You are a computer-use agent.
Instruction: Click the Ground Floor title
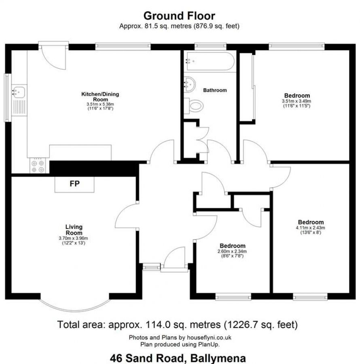pyautogui.click(x=180, y=16)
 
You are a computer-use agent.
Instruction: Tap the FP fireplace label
pyautogui.click(x=75, y=184)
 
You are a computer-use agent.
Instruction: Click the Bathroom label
pyautogui.click(x=215, y=90)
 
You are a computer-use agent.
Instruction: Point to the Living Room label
pyautogui.click(x=74, y=230)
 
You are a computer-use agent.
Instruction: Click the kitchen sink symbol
pyautogui.click(x=18, y=92)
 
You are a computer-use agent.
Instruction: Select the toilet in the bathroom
pyautogui.click(x=195, y=106)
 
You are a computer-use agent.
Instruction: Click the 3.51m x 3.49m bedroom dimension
pyautogui.click(x=296, y=101)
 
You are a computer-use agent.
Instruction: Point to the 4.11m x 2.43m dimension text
pyautogui.click(x=311, y=227)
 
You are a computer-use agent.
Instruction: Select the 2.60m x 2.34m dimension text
pyautogui.click(x=232, y=251)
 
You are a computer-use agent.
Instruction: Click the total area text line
pyautogui.click(x=178, y=324)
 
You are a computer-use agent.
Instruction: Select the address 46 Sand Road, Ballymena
pyautogui.click(x=178, y=358)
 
